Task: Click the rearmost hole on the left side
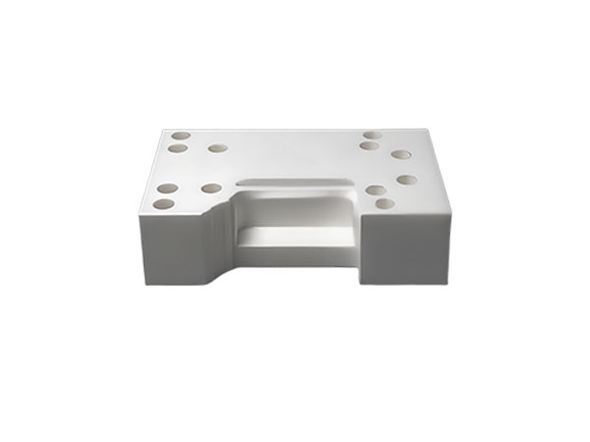point(181,137)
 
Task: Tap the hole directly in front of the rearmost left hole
point(178,149)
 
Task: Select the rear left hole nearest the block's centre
point(217,148)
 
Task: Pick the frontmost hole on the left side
point(163,204)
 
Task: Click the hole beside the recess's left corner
point(211,188)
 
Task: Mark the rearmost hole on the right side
point(373,136)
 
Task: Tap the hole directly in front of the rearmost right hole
point(370,146)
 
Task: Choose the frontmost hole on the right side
point(384,204)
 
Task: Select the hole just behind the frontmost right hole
point(376,191)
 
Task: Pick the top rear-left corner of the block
point(162,131)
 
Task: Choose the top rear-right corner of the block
point(427,131)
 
